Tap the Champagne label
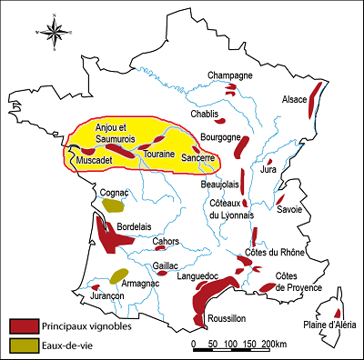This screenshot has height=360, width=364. click(229, 75)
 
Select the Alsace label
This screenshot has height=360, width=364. click(295, 99)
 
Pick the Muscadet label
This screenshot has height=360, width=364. click(95, 161)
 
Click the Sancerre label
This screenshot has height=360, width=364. click(197, 157)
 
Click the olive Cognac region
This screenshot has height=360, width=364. click(113, 205)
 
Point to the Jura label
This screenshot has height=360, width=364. click(268, 169)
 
